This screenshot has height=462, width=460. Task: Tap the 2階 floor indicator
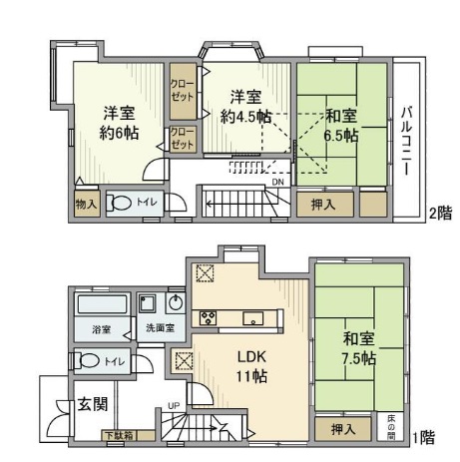[440, 213]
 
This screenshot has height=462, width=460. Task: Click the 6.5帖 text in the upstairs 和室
[342, 136]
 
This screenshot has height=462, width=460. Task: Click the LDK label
[249, 356]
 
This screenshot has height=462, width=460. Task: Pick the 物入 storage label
[86, 204]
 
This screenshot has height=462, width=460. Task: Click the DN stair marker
[277, 183]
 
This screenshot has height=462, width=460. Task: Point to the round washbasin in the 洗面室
[176, 303]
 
